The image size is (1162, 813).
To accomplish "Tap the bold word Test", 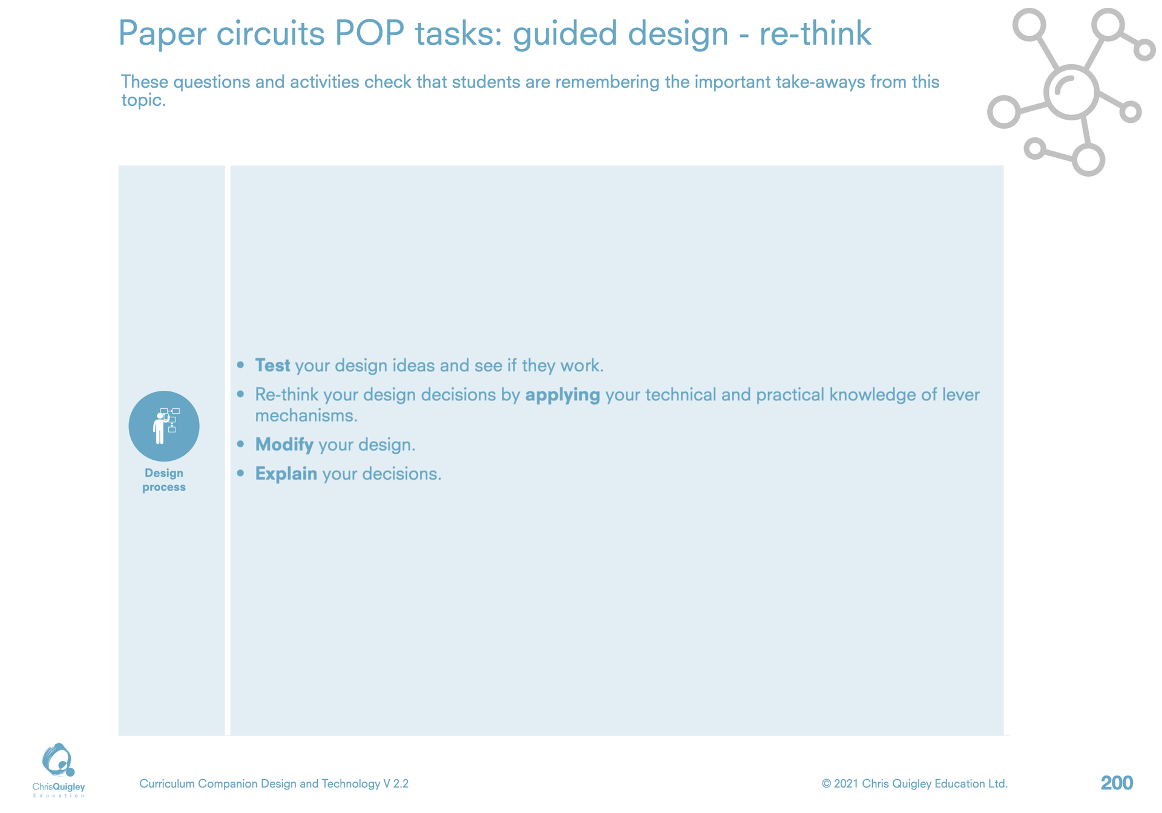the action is click(272, 365).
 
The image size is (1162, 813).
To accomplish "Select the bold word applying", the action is click(562, 396).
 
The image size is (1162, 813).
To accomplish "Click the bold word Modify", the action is click(284, 445).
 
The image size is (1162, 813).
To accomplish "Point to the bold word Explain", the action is click(286, 474).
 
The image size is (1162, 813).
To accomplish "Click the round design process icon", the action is click(164, 426).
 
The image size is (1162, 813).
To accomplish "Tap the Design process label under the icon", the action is click(164, 480).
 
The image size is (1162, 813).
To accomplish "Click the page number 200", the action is click(1117, 783).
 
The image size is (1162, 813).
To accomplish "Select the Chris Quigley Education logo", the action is click(59, 769).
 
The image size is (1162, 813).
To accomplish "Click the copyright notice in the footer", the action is click(914, 784).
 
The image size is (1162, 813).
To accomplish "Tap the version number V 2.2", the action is click(396, 784).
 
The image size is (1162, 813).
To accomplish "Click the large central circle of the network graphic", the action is click(1071, 91).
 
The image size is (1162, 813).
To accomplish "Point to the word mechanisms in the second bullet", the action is click(306, 416).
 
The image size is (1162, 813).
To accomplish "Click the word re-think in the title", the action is click(815, 33).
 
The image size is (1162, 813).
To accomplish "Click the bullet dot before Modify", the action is click(241, 444).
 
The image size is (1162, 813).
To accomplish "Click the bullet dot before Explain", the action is click(241, 473).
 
